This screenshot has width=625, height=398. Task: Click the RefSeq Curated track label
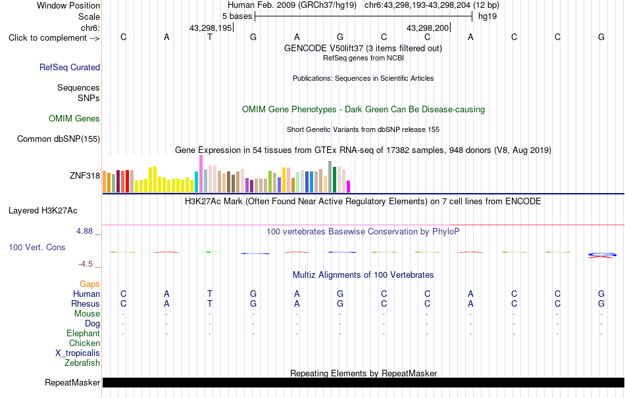(69, 67)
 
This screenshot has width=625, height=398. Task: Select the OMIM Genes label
(74, 119)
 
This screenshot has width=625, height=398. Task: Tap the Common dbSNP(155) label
(59, 139)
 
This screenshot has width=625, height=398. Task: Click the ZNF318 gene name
(85, 175)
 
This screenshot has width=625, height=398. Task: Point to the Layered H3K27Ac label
(43, 211)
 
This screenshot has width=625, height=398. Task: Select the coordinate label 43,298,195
(211, 28)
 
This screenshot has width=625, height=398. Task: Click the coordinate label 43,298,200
(428, 28)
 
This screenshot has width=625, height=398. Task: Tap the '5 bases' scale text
(237, 16)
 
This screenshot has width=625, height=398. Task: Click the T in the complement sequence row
(210, 37)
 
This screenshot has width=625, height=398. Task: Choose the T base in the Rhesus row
(210, 303)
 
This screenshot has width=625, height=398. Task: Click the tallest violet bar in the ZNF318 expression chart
(201, 174)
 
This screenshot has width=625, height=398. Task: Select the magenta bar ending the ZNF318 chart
(349, 187)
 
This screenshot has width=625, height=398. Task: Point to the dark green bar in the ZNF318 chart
(334, 179)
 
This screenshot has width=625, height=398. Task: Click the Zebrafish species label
(82, 363)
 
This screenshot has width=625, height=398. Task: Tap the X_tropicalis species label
(78, 353)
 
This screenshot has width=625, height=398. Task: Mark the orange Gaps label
(89, 284)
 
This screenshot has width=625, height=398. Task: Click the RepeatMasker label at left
(72, 382)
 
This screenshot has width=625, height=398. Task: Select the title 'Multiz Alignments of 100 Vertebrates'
(363, 275)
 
